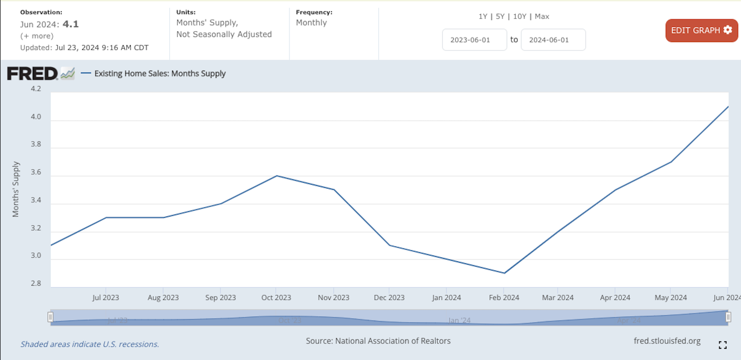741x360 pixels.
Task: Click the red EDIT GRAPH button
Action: coord(701,30)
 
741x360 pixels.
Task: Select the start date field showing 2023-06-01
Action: coord(474,40)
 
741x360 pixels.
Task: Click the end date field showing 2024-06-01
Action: coord(553,40)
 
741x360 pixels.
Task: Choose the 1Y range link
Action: coord(483,16)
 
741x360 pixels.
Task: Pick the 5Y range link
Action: coord(500,16)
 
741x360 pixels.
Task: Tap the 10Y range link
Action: coord(520,16)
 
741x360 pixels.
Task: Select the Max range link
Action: coord(542,16)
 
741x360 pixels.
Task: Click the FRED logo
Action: coord(41,73)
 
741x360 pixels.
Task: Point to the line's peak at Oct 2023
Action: coord(277,176)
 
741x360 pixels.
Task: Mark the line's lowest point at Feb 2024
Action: coord(504,273)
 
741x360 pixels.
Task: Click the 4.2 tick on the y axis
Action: coord(36,89)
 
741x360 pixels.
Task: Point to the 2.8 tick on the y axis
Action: coord(36,283)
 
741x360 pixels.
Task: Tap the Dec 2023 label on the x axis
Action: coord(389,298)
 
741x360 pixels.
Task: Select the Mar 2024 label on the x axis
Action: coord(558,298)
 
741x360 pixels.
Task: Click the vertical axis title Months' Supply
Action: coord(15,189)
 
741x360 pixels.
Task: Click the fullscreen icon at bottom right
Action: coord(723,345)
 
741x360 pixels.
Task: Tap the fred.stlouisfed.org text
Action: coord(667,341)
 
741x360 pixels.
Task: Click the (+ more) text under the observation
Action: coord(37,36)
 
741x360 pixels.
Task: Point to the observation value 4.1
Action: coord(70,24)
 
